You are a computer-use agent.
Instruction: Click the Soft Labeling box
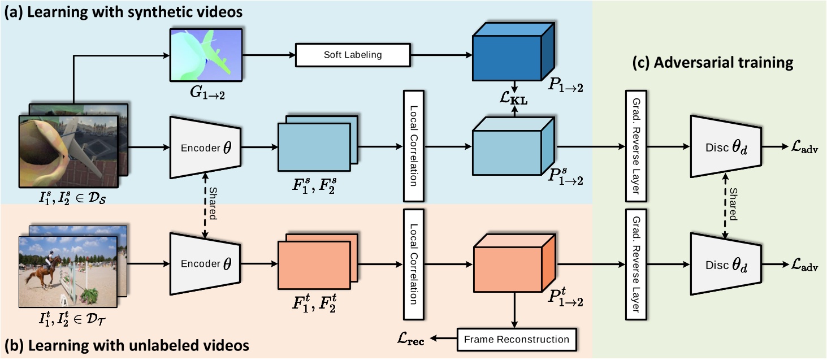(353, 55)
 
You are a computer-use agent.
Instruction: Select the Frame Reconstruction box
(516, 339)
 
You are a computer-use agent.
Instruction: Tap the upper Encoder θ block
(206, 149)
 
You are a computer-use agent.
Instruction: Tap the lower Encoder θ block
(206, 263)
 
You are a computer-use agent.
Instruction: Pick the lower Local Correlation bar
(414, 264)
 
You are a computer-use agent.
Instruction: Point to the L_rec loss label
(413, 339)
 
